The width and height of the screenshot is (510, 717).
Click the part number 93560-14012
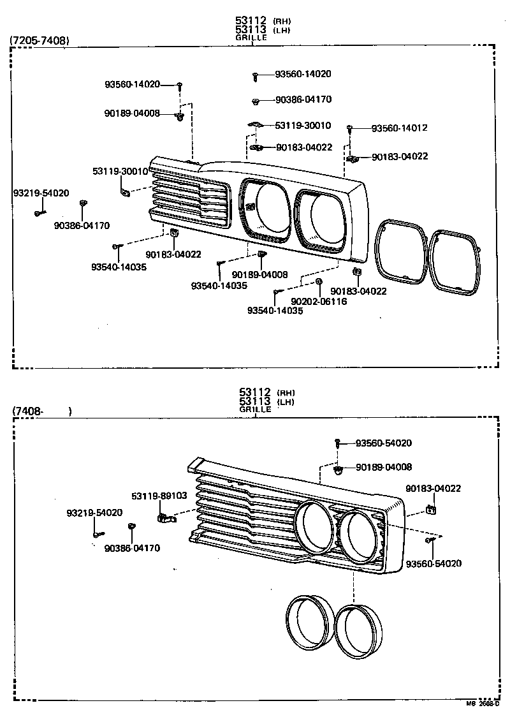click(399, 128)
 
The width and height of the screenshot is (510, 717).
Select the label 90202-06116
click(319, 301)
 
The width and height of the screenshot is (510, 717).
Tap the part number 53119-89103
click(159, 496)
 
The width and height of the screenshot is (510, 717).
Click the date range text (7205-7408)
click(40, 41)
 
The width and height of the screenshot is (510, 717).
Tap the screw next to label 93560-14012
click(350, 129)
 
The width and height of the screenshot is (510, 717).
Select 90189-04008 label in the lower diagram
click(384, 467)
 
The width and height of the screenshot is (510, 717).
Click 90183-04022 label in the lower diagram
click(433, 489)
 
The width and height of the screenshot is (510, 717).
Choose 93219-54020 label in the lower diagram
click(94, 512)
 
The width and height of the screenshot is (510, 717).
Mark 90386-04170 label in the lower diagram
click(132, 547)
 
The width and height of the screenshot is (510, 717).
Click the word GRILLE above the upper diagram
click(251, 38)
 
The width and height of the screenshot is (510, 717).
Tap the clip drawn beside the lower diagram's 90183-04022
click(432, 509)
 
